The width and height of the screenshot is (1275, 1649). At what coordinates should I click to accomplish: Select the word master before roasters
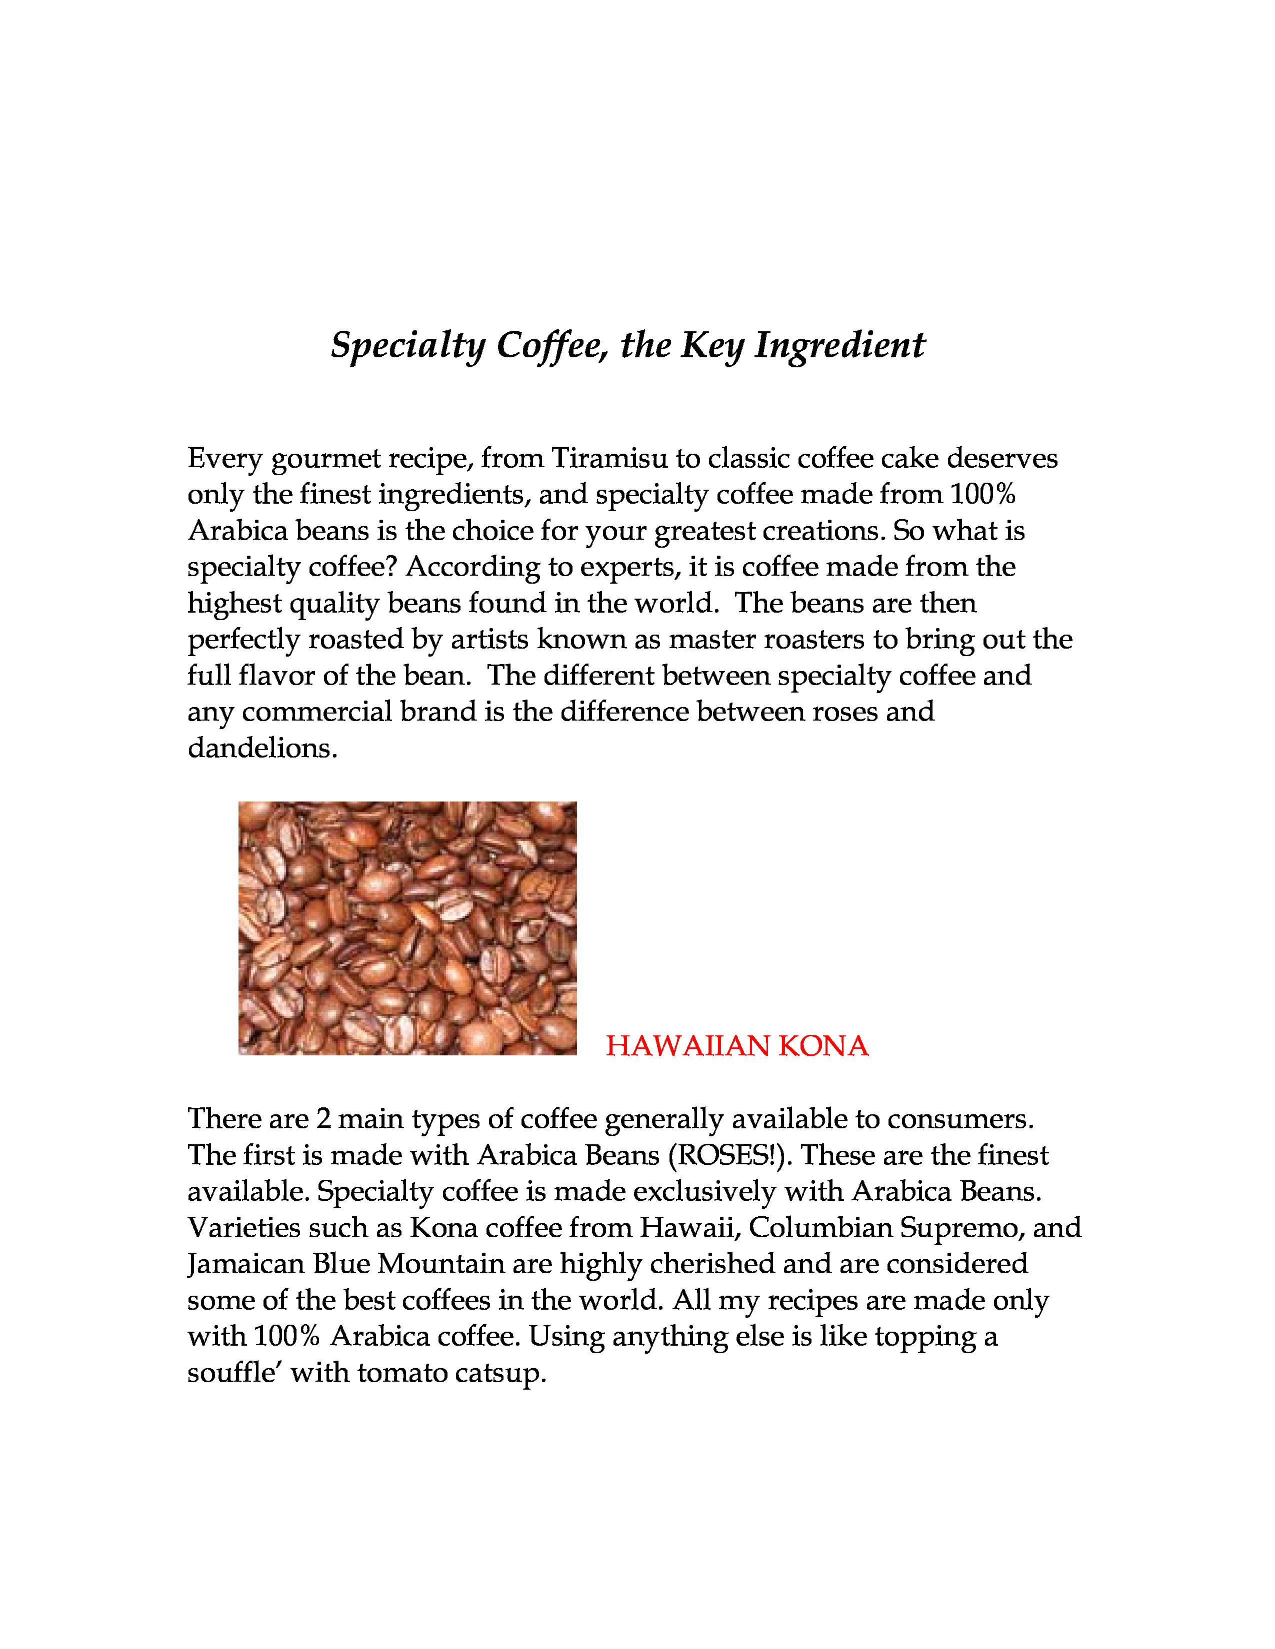tap(711, 640)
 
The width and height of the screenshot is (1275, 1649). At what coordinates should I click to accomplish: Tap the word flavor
tap(276, 676)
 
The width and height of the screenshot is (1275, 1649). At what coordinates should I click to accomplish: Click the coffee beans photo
tap(407, 928)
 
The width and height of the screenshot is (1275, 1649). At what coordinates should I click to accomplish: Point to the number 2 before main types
tap(323, 1119)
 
